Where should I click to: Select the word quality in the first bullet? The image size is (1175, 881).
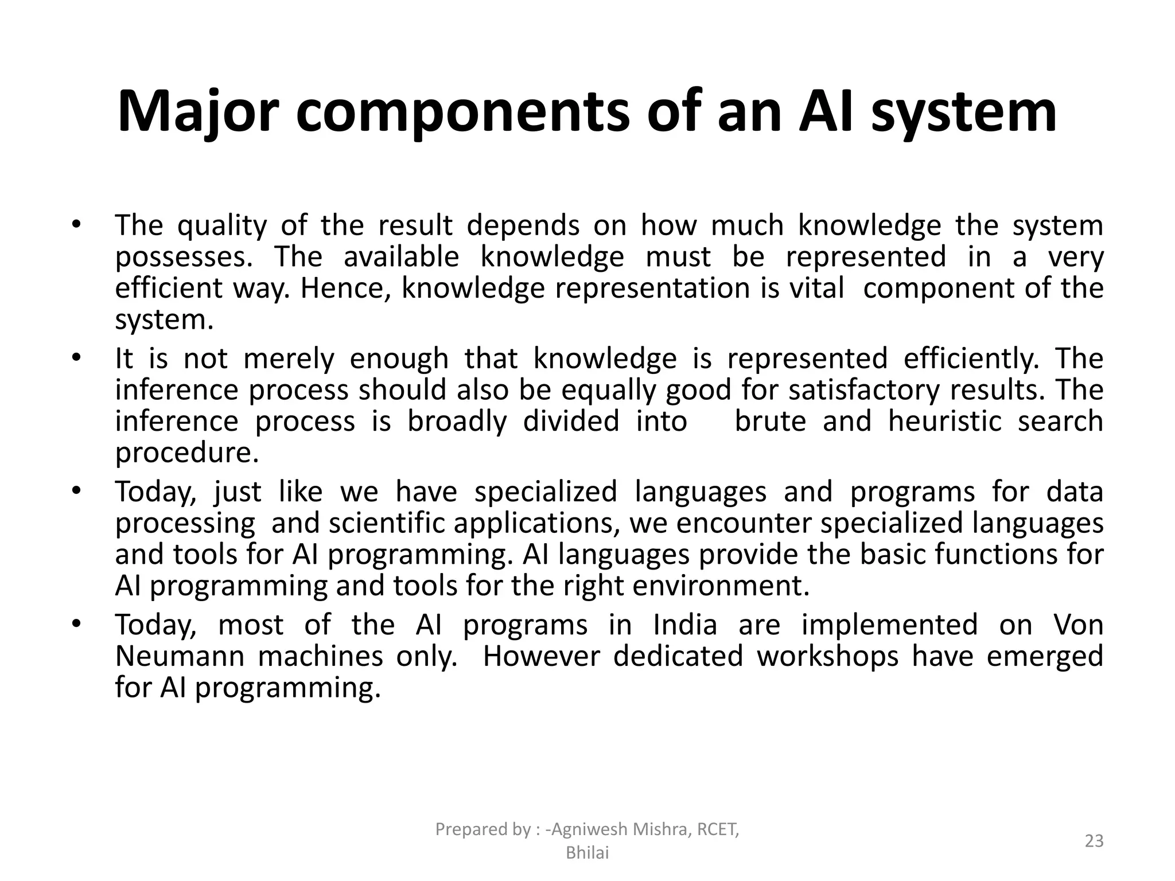pos(222,225)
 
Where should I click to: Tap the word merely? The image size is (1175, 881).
pos(289,358)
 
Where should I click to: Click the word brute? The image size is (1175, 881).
pos(770,421)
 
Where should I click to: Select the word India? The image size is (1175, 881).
pos(685,625)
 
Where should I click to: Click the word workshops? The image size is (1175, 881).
pos(827,656)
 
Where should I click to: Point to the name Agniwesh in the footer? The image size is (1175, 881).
pos(595,829)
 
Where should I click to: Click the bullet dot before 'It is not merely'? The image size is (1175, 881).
pos(75,358)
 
